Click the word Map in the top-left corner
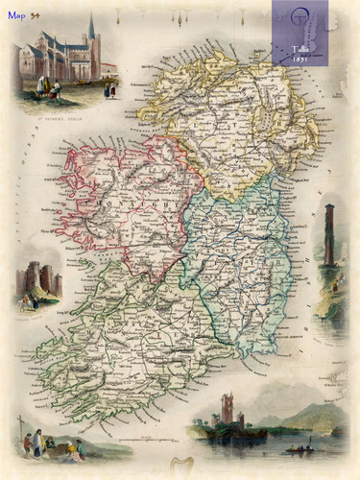[16, 15]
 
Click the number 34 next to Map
[36, 15]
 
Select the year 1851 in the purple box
[300, 58]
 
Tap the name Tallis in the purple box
[300, 48]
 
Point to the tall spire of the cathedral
[91, 29]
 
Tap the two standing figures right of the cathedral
[110, 89]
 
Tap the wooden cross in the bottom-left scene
[20, 427]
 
